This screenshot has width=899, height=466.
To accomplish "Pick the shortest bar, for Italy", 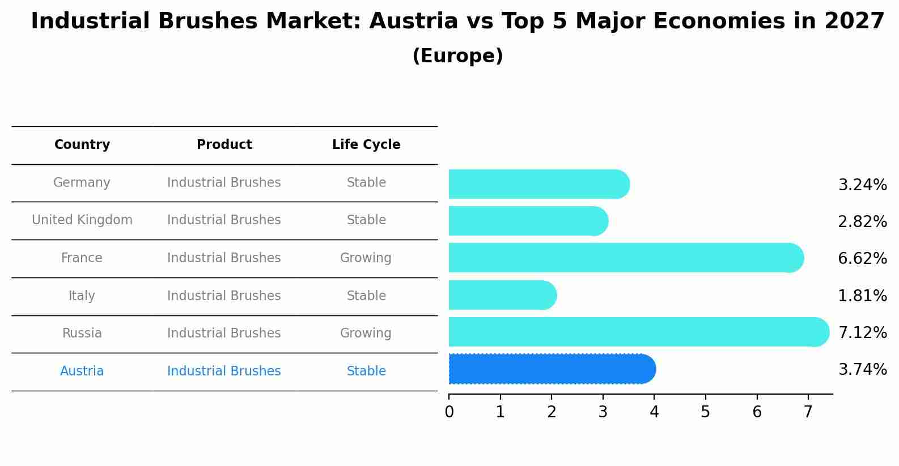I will (x=502, y=295).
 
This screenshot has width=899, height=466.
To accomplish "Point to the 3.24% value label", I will (x=862, y=185).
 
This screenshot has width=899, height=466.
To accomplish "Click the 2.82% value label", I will (x=862, y=222).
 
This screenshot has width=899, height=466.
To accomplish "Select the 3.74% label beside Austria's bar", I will (x=862, y=370).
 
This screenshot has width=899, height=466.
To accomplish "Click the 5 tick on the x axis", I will (x=705, y=412).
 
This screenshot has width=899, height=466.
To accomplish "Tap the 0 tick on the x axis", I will (x=449, y=412).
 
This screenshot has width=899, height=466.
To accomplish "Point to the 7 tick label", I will (x=808, y=412).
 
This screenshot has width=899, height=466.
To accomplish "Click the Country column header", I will (x=82, y=145).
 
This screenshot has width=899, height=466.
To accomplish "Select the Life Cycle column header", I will (x=366, y=145).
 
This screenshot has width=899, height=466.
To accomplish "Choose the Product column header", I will (x=224, y=145).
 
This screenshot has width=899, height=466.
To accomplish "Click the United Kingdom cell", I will (x=82, y=220).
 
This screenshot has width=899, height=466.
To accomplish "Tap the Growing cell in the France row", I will (x=366, y=258).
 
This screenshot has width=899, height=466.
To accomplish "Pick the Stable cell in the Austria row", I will (x=366, y=371).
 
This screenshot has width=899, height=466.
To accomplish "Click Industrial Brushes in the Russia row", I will (x=224, y=334).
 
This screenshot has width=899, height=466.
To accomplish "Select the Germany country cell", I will (x=82, y=183).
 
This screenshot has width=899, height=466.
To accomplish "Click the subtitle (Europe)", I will (x=457, y=56).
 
